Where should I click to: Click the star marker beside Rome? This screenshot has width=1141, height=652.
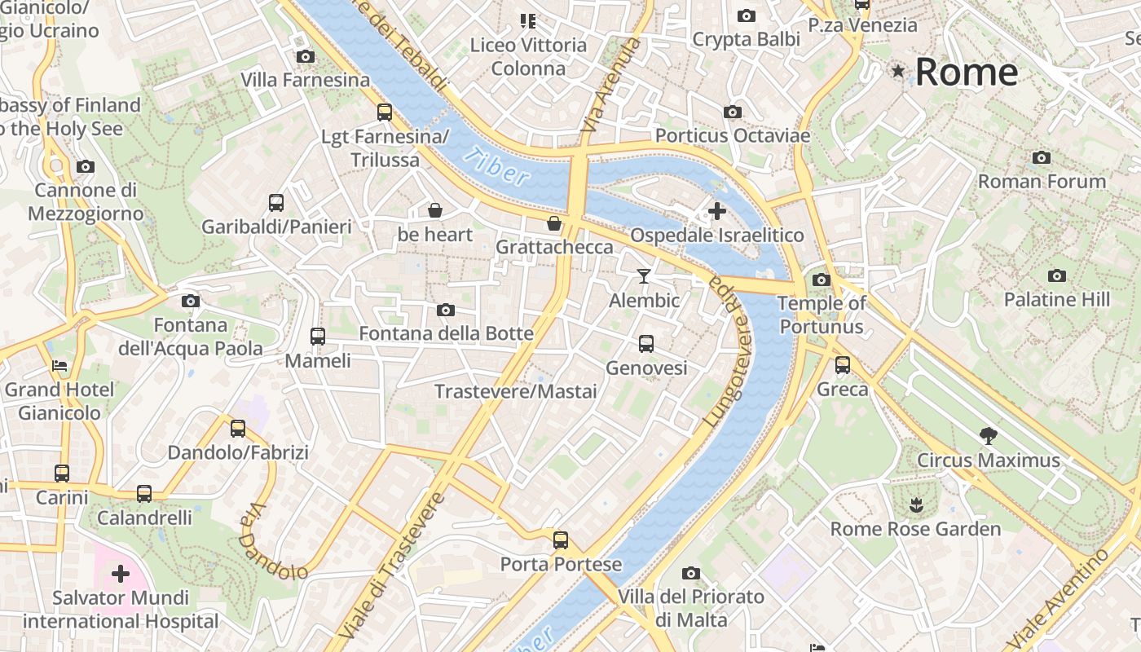coord(898,72)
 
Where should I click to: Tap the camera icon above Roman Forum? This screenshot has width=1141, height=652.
coord(1041,157)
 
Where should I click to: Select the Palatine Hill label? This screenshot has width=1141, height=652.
coord(1056,300)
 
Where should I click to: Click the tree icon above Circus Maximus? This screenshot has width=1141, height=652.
coord(989,436)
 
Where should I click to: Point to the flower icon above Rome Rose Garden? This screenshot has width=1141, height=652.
coord(917,504)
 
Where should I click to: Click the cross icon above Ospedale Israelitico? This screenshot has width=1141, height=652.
coord(716,211)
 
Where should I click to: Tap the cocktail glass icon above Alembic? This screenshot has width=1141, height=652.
coord(644,276)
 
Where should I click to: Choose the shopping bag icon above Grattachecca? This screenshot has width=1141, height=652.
coord(554,222)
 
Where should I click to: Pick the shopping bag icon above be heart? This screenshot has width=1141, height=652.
coord(435,210)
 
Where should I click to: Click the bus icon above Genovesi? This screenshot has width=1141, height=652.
coord(646,343)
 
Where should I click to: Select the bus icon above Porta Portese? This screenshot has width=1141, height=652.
coord(561,540)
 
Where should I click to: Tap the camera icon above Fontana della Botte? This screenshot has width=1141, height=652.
coord(446,310)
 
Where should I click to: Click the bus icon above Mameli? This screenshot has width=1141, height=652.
coord(318,336)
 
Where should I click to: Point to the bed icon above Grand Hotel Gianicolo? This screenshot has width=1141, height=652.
coord(59,365)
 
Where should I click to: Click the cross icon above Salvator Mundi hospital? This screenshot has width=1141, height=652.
coord(121,574)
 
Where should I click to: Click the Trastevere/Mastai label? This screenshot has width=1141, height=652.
coord(516,391)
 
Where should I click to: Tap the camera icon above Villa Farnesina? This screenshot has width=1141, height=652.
coord(306,56)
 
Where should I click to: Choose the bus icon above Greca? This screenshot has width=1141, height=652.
coord(843,364)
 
